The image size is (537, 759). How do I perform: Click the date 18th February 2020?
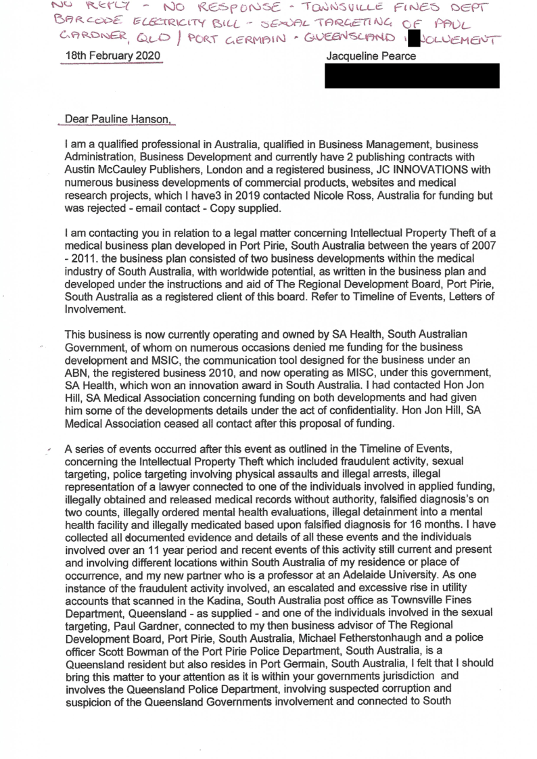pyautogui.click(x=111, y=57)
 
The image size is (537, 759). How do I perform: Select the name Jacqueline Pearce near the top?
pyautogui.click(x=371, y=57)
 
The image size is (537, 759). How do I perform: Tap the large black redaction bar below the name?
pyautogui.click(x=412, y=76)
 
